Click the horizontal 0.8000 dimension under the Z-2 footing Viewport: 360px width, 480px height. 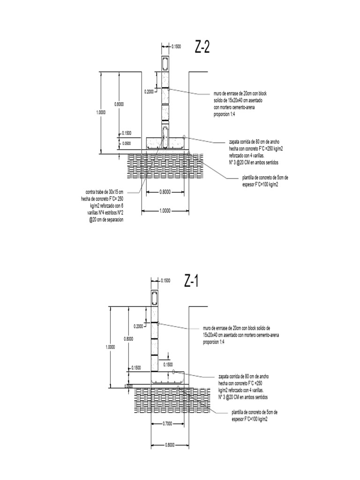tap(165, 192)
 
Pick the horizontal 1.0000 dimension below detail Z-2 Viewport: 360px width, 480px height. tap(165, 211)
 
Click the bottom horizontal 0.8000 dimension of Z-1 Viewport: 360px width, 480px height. tap(169, 445)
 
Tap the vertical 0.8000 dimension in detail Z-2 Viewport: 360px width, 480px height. tap(119, 104)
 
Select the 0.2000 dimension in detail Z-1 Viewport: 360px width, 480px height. tap(139, 326)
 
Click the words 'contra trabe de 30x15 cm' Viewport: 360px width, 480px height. tap(105, 192)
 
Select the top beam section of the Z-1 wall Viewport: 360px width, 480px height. tap(155, 298)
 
